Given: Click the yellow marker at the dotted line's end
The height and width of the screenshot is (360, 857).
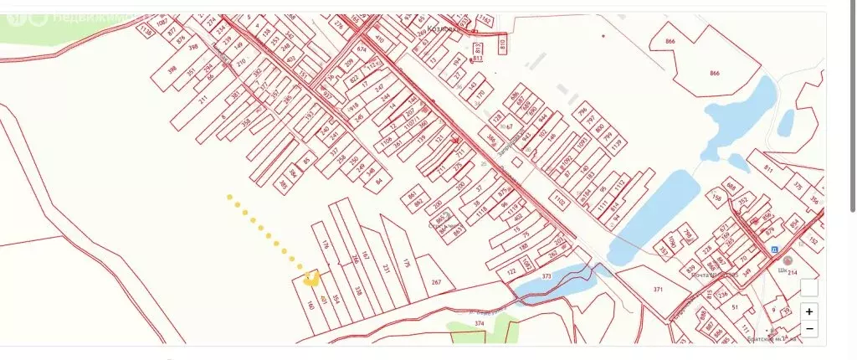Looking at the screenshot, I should pyautogui.click(x=311, y=277).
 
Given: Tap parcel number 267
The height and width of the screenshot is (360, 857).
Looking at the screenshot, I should pyautogui.click(x=436, y=283).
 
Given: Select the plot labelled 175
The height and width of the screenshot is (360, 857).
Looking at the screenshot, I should pyautogui.click(x=407, y=263).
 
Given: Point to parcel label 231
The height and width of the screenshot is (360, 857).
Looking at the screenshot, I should pyautogui.click(x=386, y=269).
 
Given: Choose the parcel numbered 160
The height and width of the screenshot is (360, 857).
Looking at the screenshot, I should pyautogui.click(x=310, y=306).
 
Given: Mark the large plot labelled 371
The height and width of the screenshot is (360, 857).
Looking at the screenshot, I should pyautogui.click(x=658, y=289).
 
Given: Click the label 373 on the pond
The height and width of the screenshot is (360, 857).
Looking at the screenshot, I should pyautogui.click(x=547, y=275).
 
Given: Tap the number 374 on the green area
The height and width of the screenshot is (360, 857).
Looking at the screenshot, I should pyautogui.click(x=479, y=322).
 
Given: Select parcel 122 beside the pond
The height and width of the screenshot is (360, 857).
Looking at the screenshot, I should pyautogui.click(x=511, y=271).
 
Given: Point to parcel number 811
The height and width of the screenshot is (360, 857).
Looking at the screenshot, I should pyautogui.click(x=768, y=169).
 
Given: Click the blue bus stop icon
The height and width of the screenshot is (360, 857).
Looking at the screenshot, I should pyautogui.click(x=774, y=249).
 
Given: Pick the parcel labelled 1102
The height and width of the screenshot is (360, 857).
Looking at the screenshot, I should pyautogui.click(x=559, y=200).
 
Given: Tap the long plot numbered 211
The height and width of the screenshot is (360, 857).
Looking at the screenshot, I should pyautogui.click(x=203, y=99).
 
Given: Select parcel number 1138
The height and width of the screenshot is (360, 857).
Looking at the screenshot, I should pyautogui.click(x=147, y=31).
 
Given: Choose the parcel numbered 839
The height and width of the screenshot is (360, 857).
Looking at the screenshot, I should pyautogui.click(x=690, y=270).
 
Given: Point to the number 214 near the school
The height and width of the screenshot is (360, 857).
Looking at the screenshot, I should pyautogui.click(x=793, y=272).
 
